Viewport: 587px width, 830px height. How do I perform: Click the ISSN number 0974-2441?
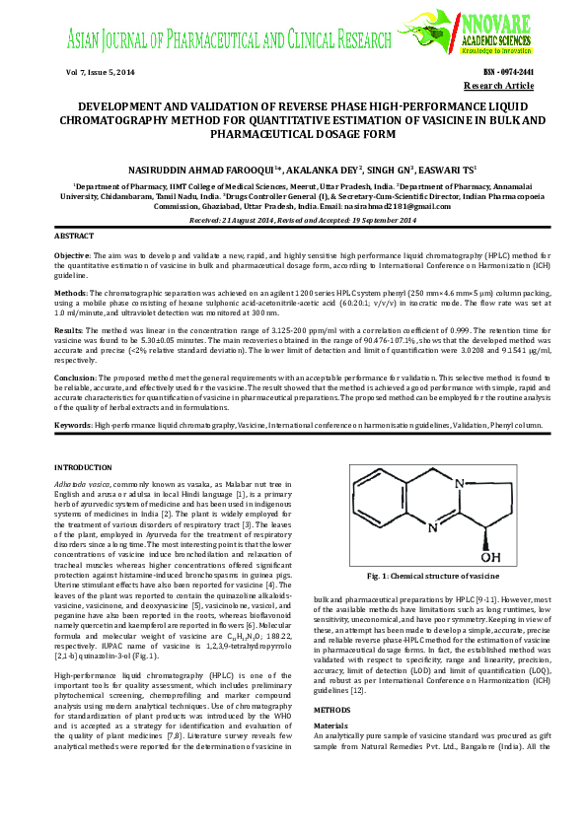click(508, 73)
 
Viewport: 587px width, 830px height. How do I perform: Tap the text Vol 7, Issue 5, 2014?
click(99, 73)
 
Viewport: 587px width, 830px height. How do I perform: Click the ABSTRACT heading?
click(74, 238)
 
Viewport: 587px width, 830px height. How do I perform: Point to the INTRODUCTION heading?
click(84, 465)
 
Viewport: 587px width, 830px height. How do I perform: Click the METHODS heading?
click(333, 736)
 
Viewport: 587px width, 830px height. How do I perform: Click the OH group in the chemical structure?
click(489, 557)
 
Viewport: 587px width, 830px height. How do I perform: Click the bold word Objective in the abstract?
click(74, 254)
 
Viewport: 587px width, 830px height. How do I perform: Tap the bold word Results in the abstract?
click(69, 328)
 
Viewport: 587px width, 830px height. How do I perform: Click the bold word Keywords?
click(73, 424)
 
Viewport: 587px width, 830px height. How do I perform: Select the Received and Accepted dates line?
click(293, 221)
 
